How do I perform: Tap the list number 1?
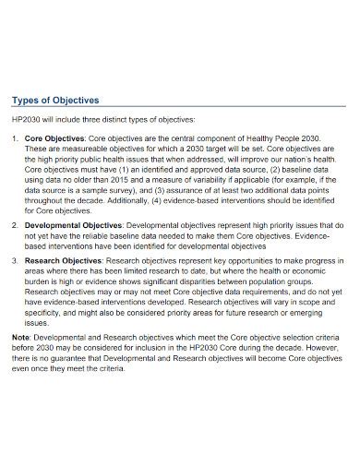(14, 138)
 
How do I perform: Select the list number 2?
(14, 224)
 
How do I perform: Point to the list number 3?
(14, 261)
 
